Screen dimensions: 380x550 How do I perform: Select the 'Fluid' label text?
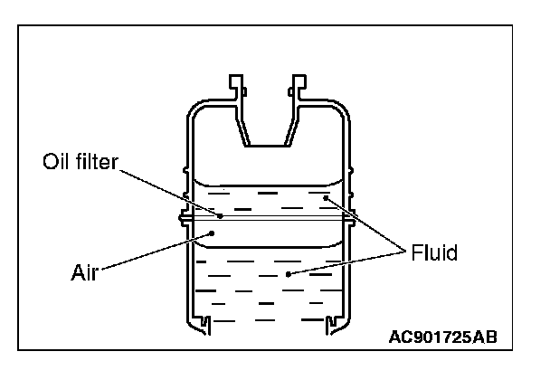click(x=432, y=253)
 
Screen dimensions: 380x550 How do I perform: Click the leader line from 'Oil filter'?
click(x=172, y=191)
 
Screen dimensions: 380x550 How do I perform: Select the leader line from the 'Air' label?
click(x=154, y=250)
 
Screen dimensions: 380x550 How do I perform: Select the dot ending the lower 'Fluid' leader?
click(x=288, y=272)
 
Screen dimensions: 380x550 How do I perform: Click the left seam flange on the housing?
click(x=185, y=218)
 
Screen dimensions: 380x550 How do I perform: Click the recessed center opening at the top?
click(x=269, y=127)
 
